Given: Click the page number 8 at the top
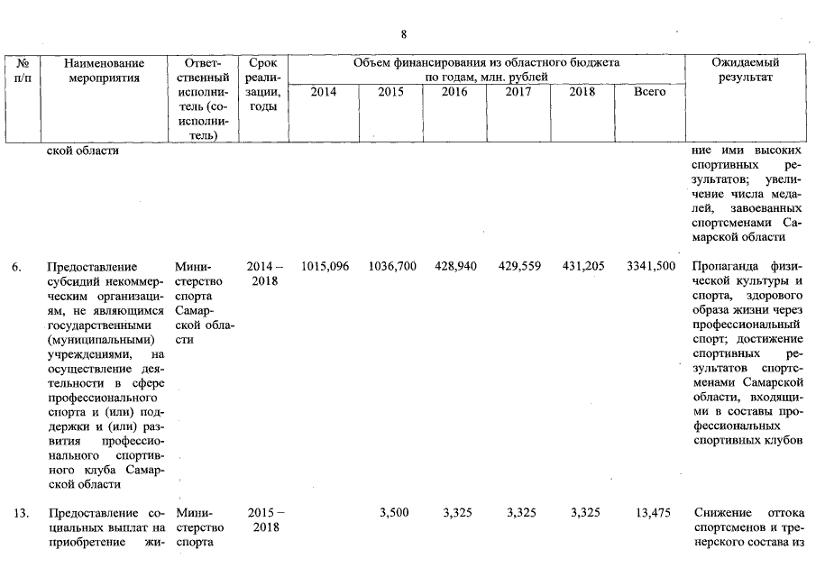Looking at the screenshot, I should pyautogui.click(x=404, y=34).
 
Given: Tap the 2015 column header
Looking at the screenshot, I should pyautogui.click(x=390, y=92).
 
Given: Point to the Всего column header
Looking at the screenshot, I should pyautogui.click(x=649, y=92).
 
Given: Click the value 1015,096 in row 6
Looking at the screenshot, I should pyautogui.click(x=325, y=267).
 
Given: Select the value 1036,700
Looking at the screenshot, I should pyautogui.click(x=392, y=267).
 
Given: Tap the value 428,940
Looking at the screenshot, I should pyautogui.click(x=454, y=267).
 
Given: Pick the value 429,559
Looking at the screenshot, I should pyautogui.click(x=518, y=267).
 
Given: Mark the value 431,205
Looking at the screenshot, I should pyautogui.click(x=582, y=267).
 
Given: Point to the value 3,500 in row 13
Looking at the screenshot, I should pyautogui.click(x=395, y=513).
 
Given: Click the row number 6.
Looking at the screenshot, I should pyautogui.click(x=17, y=267).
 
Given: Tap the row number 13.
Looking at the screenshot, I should pyautogui.click(x=21, y=513).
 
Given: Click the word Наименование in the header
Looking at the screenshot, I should pyautogui.click(x=105, y=63).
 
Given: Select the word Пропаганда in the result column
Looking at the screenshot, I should pyautogui.click(x=728, y=267).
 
